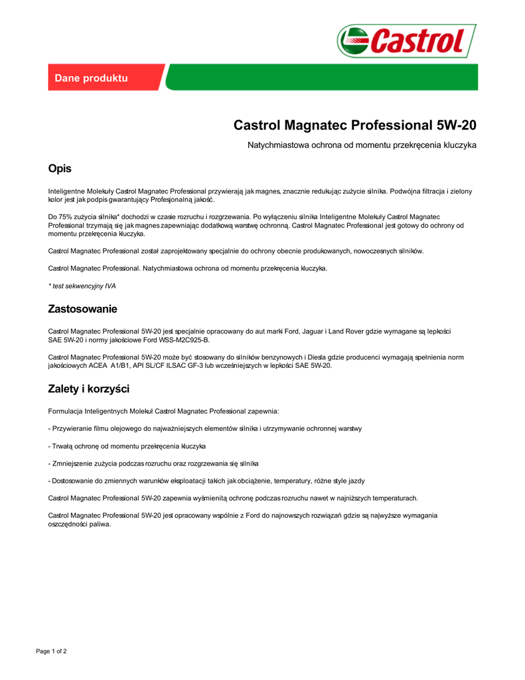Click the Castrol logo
tap(406, 41)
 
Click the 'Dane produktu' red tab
tap(91, 78)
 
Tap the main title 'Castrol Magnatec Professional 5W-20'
tap(354, 126)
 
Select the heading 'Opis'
tap(60, 169)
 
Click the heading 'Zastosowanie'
tap(82, 309)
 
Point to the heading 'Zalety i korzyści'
tap(88, 388)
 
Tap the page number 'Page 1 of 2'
tap(51, 651)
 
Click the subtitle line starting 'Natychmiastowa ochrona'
tap(362, 145)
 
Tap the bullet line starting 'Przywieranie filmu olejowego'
tap(205, 429)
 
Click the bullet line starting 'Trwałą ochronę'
tap(127, 446)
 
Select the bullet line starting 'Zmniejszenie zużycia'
tap(153, 464)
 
